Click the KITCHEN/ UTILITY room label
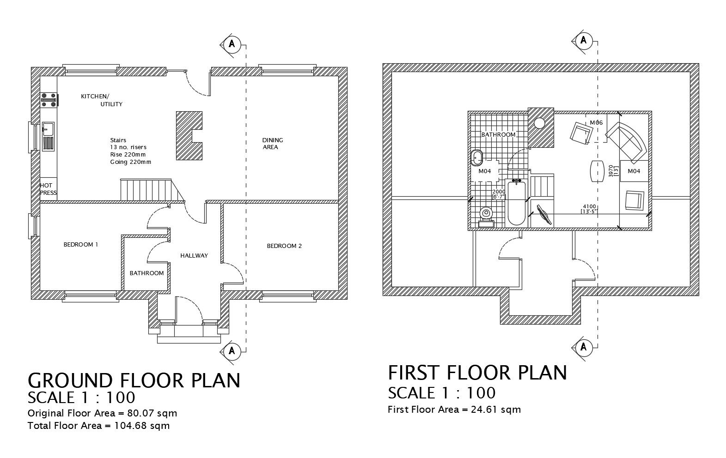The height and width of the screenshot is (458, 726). [x=101, y=100]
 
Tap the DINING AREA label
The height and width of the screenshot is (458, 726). [x=272, y=144]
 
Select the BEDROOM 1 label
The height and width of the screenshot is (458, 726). [x=81, y=245]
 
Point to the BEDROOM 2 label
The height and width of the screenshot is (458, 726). [x=284, y=246]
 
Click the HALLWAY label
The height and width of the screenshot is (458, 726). [x=194, y=255]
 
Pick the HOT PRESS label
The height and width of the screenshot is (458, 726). [x=48, y=189]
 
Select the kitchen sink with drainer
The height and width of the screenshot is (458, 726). [x=48, y=136]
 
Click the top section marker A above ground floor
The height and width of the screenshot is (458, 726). [x=232, y=44]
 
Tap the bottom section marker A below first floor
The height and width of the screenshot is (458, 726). [x=584, y=346]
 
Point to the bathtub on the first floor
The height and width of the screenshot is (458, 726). [x=516, y=203]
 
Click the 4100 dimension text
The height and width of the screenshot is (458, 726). [x=589, y=207]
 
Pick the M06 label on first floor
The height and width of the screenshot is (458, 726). [x=596, y=123]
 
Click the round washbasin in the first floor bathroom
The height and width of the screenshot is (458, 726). [x=477, y=158]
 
